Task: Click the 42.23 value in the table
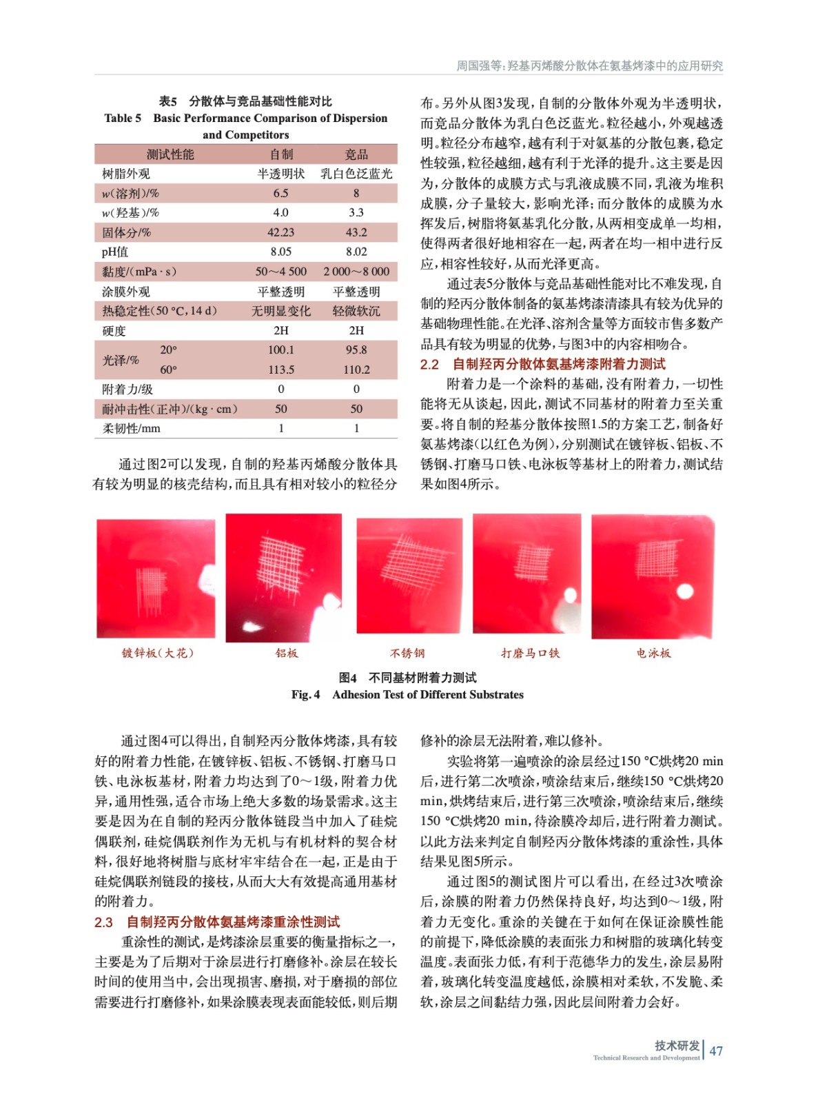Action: coord(280,232)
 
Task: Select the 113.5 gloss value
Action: coord(280,370)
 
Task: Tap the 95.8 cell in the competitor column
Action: coord(356,350)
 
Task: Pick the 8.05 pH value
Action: coord(280,252)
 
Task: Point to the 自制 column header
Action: coord(281,154)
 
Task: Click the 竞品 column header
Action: coord(356,154)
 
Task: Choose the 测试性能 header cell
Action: coord(170,154)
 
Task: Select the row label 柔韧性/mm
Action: coord(131,428)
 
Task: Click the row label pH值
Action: coord(115,252)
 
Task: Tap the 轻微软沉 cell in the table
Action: coord(356,311)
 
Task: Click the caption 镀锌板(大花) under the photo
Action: coord(158,653)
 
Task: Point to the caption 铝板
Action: coord(287,653)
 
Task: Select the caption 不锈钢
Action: coord(407,653)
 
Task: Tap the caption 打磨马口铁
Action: coord(530,653)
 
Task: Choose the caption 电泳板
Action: coord(653,653)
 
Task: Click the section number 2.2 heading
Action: coord(429,364)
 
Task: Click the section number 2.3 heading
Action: coord(103,922)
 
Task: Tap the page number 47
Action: coord(716,1051)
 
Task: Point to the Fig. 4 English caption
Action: coord(407,694)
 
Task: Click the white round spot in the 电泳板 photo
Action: coord(685,591)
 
